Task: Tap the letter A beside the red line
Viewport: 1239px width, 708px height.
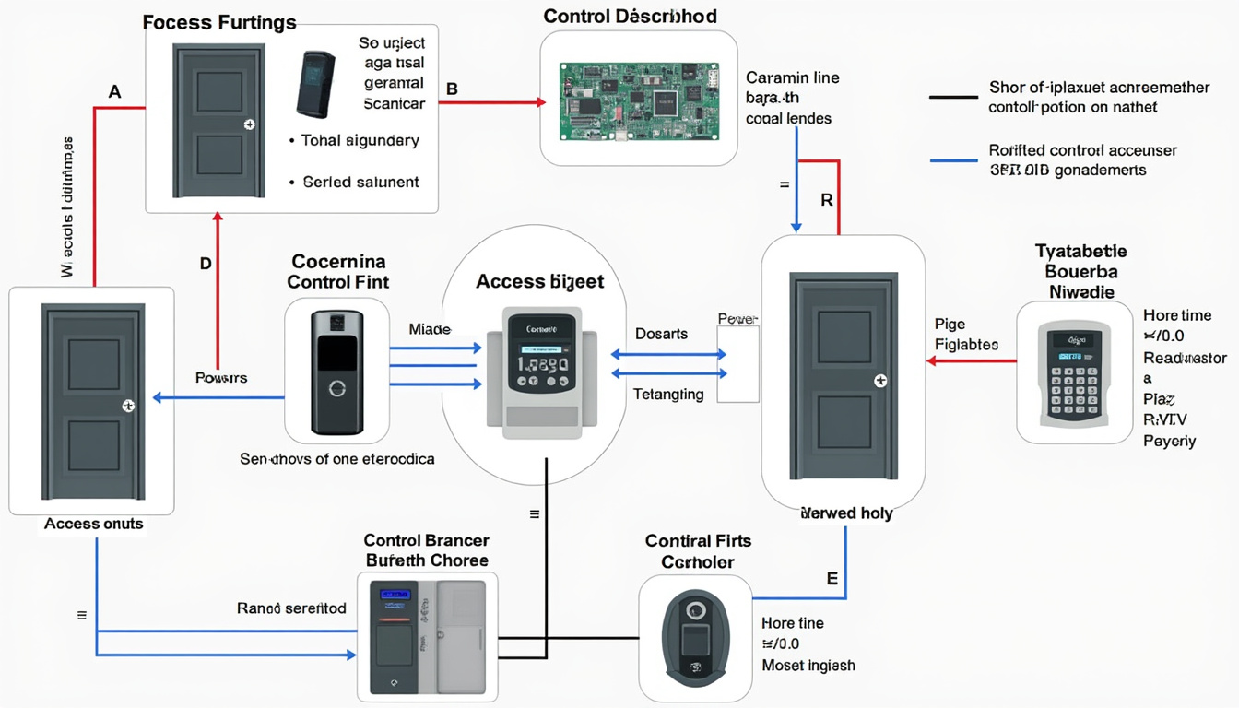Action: pos(114,92)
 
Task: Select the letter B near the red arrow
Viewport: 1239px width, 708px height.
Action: pos(452,89)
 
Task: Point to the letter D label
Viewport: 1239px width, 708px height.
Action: pos(206,264)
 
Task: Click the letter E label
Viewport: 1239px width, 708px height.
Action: pos(832,579)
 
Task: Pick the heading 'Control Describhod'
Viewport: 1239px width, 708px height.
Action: pos(630,17)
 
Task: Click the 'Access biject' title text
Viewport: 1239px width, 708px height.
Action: pos(539,281)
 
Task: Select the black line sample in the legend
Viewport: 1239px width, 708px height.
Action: pos(953,97)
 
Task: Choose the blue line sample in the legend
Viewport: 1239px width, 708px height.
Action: pos(953,159)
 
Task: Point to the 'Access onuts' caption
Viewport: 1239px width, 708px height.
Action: pos(93,524)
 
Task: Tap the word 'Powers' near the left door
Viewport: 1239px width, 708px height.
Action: pos(221,378)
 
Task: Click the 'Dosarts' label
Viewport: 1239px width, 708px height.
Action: pos(661,334)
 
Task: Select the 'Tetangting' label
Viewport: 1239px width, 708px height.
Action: pos(668,395)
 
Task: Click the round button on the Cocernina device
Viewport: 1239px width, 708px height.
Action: pos(337,389)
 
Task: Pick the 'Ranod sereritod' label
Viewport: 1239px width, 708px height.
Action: pos(291,608)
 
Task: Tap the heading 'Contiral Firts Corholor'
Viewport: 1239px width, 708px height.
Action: pos(698,551)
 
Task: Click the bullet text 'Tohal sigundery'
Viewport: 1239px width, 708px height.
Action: pos(360,140)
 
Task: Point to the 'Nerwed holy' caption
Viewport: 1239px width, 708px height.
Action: pos(846,513)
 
